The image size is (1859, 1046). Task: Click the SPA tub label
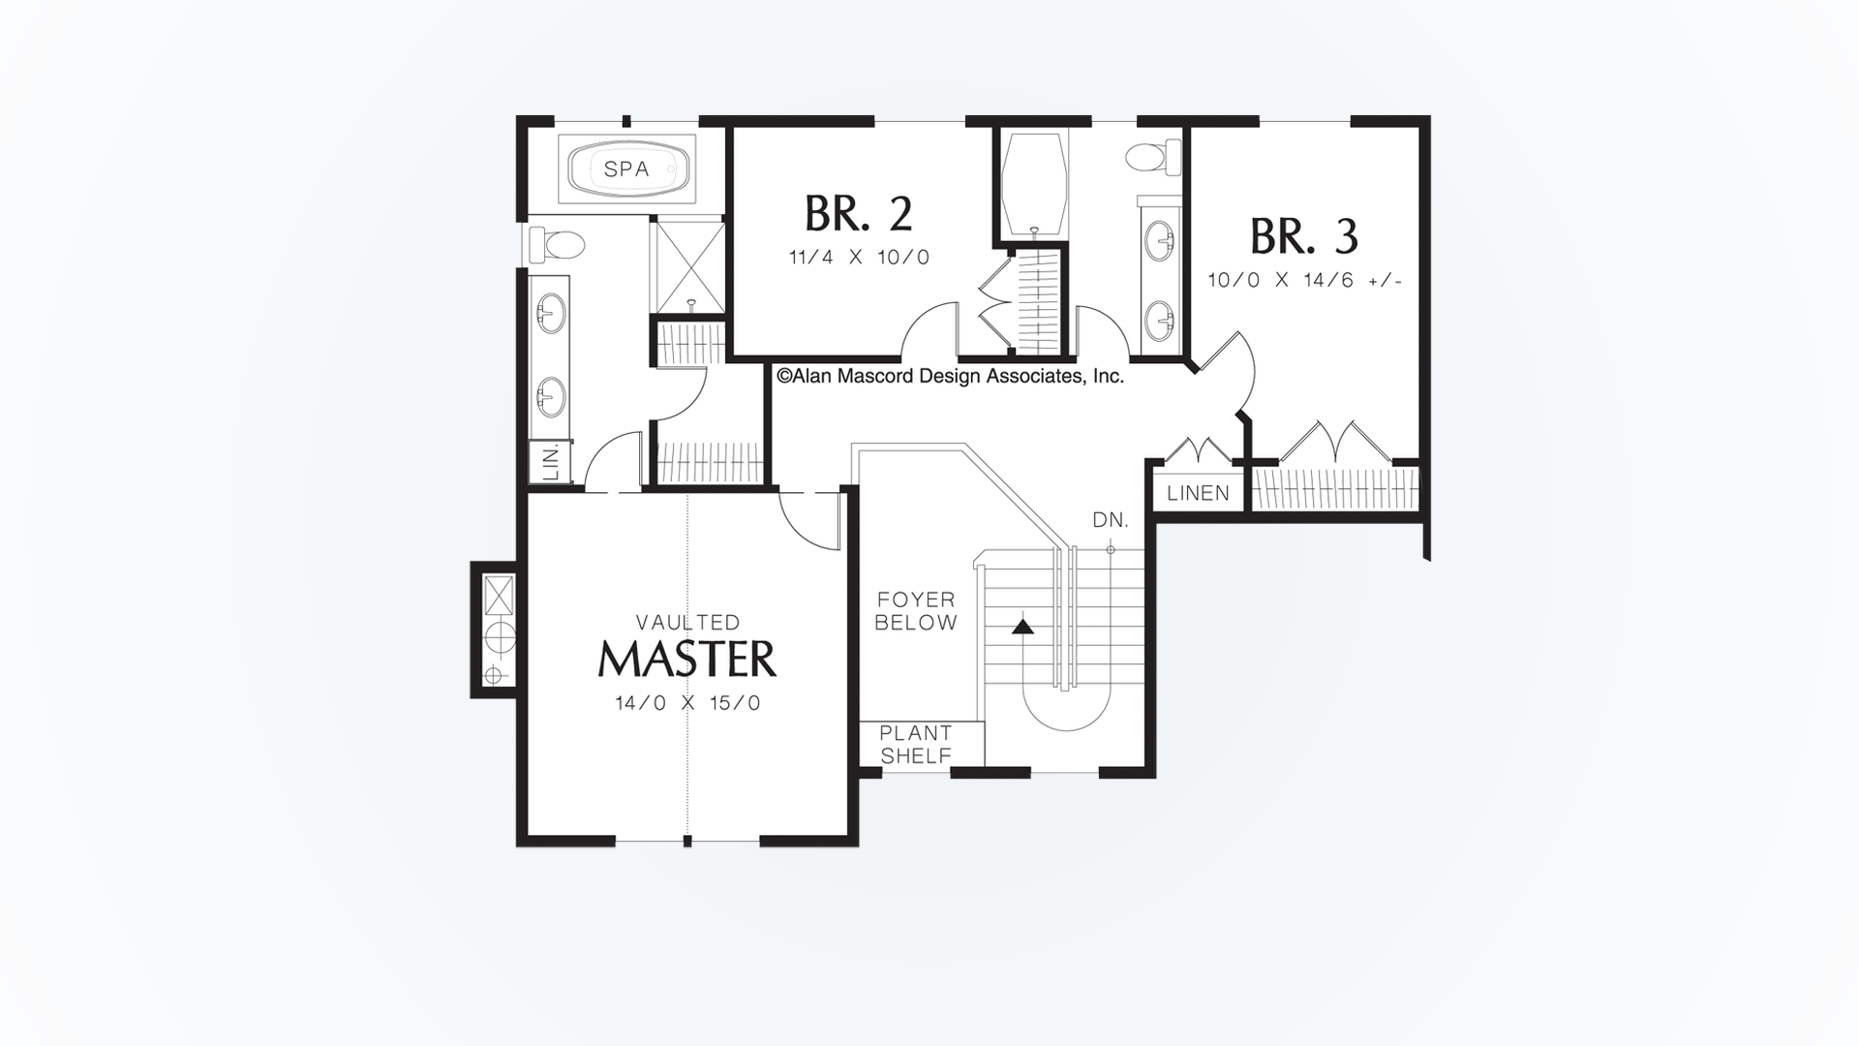626,169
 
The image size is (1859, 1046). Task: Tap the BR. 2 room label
858,214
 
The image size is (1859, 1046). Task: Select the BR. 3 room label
1303,236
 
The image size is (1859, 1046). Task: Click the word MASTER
687,660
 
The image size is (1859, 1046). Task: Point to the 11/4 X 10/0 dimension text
858,258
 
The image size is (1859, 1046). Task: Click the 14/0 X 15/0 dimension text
687,704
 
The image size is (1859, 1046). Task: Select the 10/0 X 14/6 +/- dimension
1304,281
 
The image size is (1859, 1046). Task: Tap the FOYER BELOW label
915,611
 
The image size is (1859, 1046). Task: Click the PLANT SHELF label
916,745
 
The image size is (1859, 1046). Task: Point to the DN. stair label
1111,520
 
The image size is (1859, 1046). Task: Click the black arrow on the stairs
1022,627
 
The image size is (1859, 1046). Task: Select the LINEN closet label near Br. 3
1198,493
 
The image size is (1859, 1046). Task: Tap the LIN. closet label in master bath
551,462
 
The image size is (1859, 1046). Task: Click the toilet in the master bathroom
556,244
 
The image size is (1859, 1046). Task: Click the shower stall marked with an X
688,261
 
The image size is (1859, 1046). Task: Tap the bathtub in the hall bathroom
1034,184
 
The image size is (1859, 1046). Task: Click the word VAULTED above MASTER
687,622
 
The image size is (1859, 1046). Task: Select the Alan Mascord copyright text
950,377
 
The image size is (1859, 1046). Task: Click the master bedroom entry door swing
808,523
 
